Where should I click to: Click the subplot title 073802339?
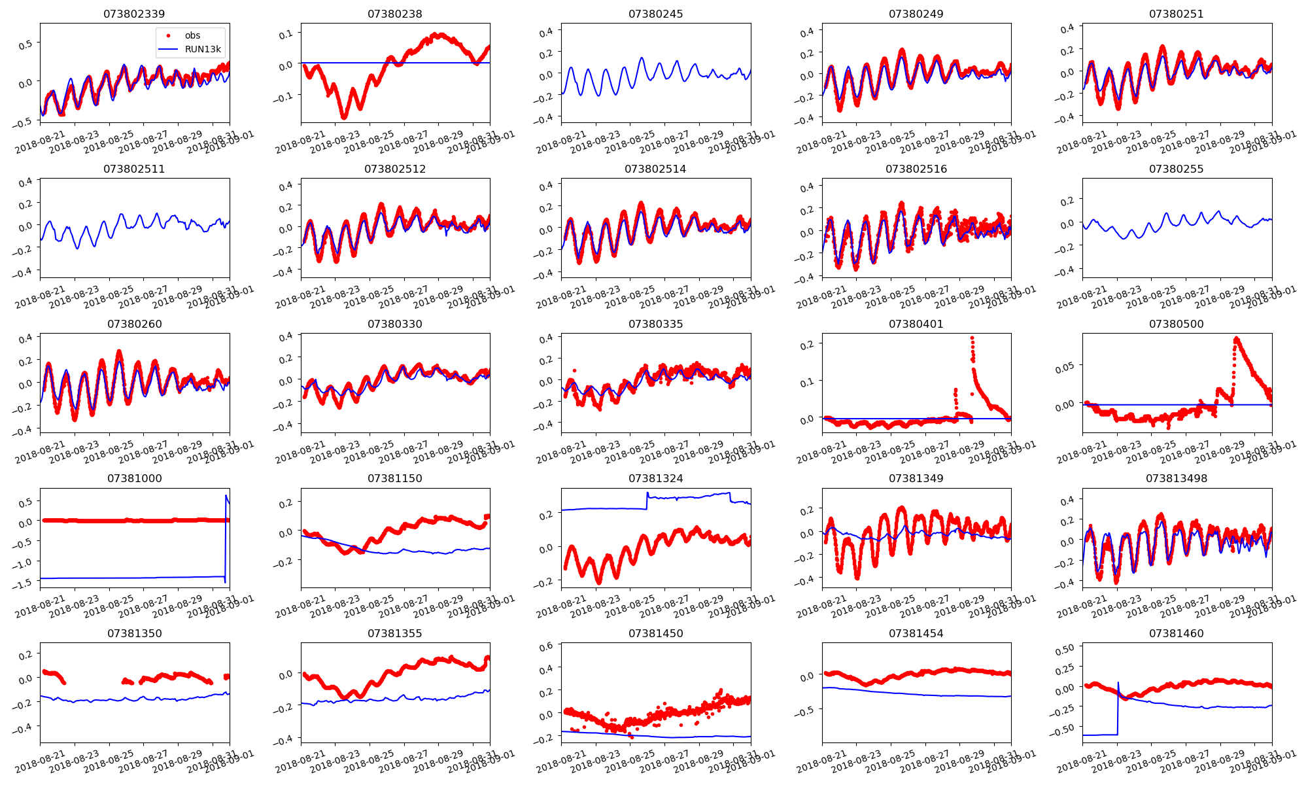134,14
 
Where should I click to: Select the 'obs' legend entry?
192,35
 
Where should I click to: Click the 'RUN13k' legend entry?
203,49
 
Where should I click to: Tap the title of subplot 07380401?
916,324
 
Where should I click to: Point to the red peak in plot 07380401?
972,338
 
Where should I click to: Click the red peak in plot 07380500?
1235,339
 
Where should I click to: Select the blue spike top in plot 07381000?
226,496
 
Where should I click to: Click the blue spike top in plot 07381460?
1118,683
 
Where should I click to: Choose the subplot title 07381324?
655,478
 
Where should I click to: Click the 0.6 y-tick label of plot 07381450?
545,646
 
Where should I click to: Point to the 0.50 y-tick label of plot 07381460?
1065,648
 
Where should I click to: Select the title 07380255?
1176,169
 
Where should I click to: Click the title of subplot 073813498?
1176,478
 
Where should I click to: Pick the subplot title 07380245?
655,14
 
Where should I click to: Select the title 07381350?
134,633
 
